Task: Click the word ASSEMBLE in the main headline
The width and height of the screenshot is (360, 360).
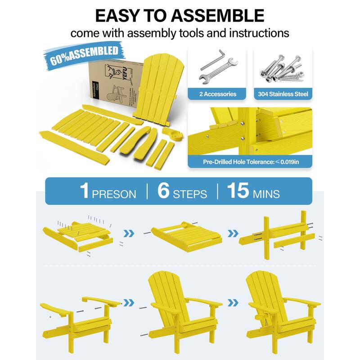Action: pyautogui.click(x=218, y=15)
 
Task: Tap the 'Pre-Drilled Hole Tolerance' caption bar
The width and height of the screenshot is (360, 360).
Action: pyautogui.click(x=249, y=161)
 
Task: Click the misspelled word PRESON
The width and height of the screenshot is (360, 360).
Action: pyautogui.click(x=114, y=194)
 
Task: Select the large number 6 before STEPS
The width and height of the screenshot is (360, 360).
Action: pyautogui.click(x=164, y=190)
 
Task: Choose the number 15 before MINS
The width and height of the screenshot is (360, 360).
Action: pyautogui.click(x=238, y=190)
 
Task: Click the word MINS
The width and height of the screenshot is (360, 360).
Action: pyautogui.click(x=266, y=194)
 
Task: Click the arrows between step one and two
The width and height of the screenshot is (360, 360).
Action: pyautogui.click(x=130, y=234)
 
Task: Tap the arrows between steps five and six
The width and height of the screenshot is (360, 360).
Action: pyautogui.click(x=233, y=302)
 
